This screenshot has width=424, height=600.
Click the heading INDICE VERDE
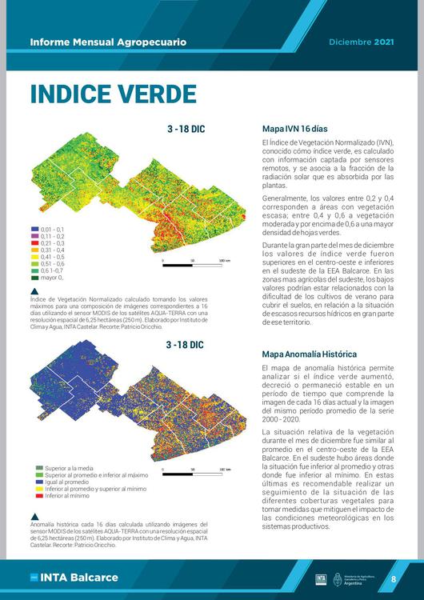point(113,93)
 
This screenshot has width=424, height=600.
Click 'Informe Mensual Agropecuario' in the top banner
point(108,41)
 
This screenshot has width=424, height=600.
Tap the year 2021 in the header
point(385,41)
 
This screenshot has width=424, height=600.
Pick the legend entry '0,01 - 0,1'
point(51,230)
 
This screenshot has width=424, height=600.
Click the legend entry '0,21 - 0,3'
point(51,243)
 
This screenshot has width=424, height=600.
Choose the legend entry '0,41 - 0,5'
point(51,257)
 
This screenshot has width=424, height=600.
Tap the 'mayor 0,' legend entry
point(51,278)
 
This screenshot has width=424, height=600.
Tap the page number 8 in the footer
point(394,578)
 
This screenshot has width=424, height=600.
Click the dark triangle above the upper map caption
point(34,291)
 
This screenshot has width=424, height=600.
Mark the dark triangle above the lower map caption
point(34,514)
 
